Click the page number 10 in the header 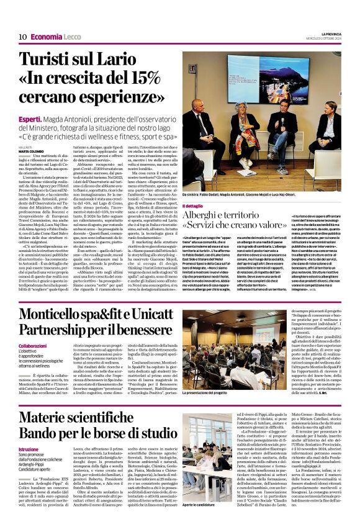pos(22,37)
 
